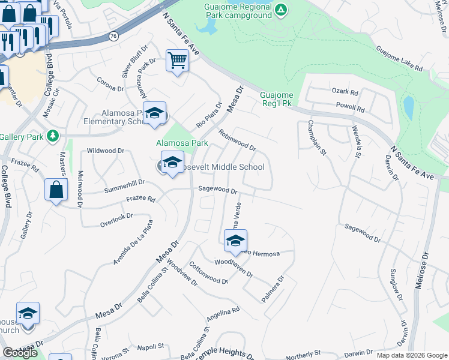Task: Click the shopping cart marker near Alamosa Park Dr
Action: [177, 60]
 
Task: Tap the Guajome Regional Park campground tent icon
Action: [281, 10]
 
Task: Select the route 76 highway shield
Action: [114, 36]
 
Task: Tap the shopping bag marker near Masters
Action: [56, 190]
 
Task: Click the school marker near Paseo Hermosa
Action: [235, 241]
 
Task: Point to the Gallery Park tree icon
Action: [53, 137]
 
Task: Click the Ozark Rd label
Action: [345, 93]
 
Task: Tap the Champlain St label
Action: [316, 139]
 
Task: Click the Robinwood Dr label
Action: [237, 140]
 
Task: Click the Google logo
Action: [20, 353]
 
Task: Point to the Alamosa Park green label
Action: [182, 143]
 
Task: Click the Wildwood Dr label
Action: [106, 151]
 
